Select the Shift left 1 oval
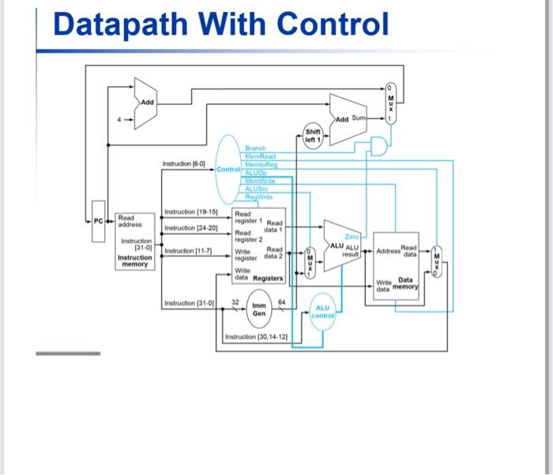point(312,134)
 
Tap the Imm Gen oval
point(258,309)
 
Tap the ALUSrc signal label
point(257,188)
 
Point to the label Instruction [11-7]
point(186,251)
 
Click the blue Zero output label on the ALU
point(352,236)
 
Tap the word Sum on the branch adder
point(359,119)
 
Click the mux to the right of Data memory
point(438,260)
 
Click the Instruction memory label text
point(135,261)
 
